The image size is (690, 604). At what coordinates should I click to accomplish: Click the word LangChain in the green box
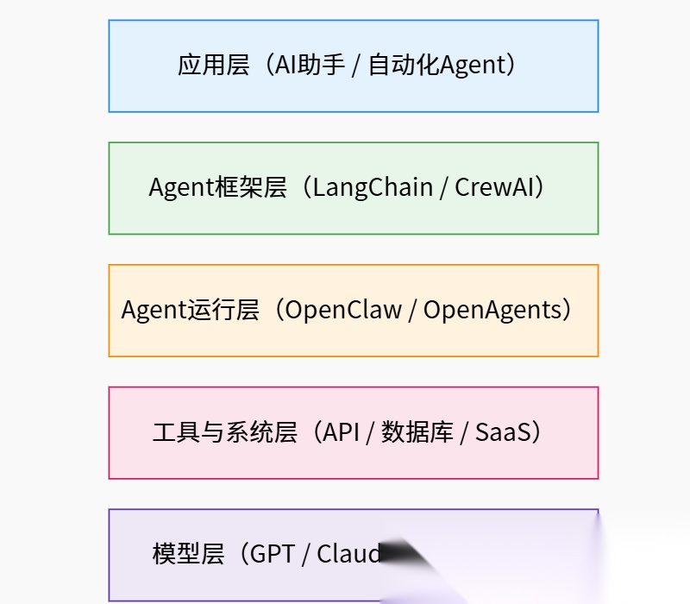(x=373, y=188)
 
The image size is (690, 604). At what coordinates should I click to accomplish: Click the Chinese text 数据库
(x=417, y=432)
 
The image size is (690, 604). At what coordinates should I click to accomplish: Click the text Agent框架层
(x=217, y=188)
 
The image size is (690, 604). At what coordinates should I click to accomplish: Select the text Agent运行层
(x=190, y=311)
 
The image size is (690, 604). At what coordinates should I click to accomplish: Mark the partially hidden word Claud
(x=348, y=554)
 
